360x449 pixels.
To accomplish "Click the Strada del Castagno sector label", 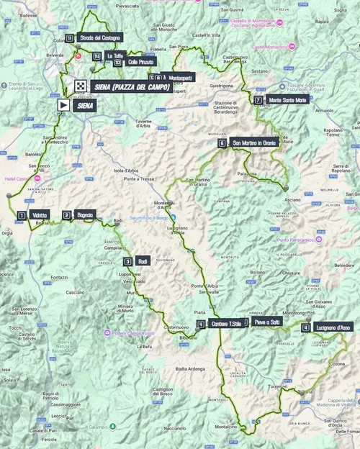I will tap(99, 37).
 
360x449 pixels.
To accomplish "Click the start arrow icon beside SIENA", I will tap(63, 104).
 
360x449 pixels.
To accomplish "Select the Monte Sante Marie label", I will tap(287, 100).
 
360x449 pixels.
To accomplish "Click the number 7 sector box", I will tap(258, 100).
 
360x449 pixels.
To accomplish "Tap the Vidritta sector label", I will tap(40, 215).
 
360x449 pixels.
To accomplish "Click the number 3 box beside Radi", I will tap(127, 261).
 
